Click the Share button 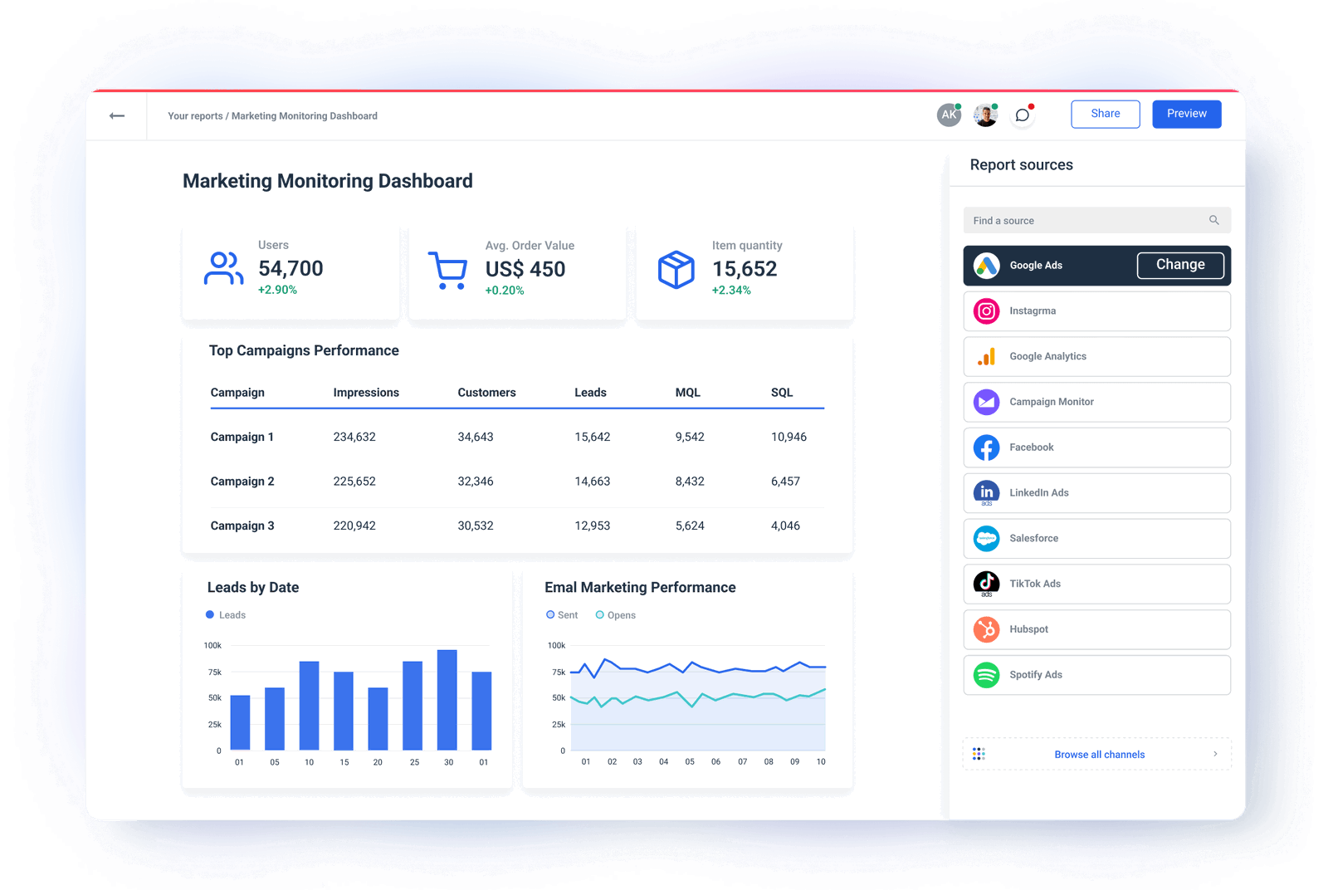(1105, 114)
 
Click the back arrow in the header (117, 115)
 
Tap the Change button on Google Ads (1179, 265)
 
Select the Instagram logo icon (986, 311)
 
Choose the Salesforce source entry (1096, 538)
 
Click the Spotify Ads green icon (986, 675)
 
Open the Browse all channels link (1099, 755)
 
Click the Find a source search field (1087, 221)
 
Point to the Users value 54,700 (290, 268)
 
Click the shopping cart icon (448, 270)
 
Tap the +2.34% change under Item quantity (731, 291)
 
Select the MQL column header (687, 393)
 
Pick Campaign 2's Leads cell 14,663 (592, 482)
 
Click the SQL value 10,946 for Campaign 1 (788, 437)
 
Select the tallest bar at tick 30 (447, 699)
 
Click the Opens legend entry (616, 615)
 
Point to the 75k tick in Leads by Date (214, 672)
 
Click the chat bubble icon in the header (1023, 115)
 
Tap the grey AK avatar (949, 115)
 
